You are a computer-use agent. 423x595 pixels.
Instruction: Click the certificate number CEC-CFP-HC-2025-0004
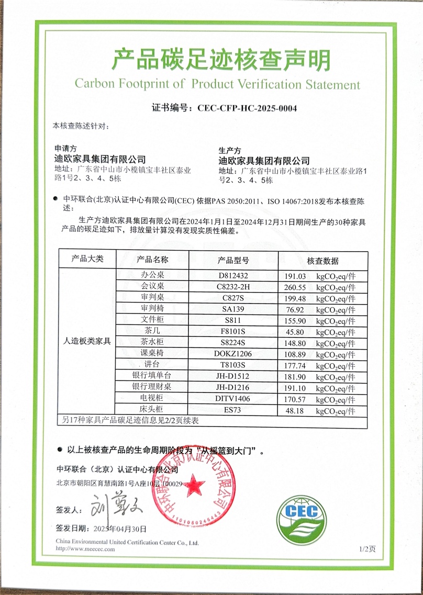pyautogui.click(x=247, y=109)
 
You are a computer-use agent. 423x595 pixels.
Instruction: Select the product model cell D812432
pyautogui.click(x=233, y=276)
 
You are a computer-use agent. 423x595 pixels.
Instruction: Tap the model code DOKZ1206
pyautogui.click(x=233, y=354)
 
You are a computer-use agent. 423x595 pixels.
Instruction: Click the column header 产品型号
pyautogui.click(x=233, y=260)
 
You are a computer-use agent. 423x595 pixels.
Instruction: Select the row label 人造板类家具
pyautogui.click(x=87, y=341)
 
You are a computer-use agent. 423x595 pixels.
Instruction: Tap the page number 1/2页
pyautogui.click(x=368, y=549)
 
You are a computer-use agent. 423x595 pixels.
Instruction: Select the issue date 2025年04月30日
pyautogui.click(x=119, y=529)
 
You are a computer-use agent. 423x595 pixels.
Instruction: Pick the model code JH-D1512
pyautogui.click(x=233, y=377)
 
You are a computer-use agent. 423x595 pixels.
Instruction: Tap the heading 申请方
pyautogui.click(x=65, y=149)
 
